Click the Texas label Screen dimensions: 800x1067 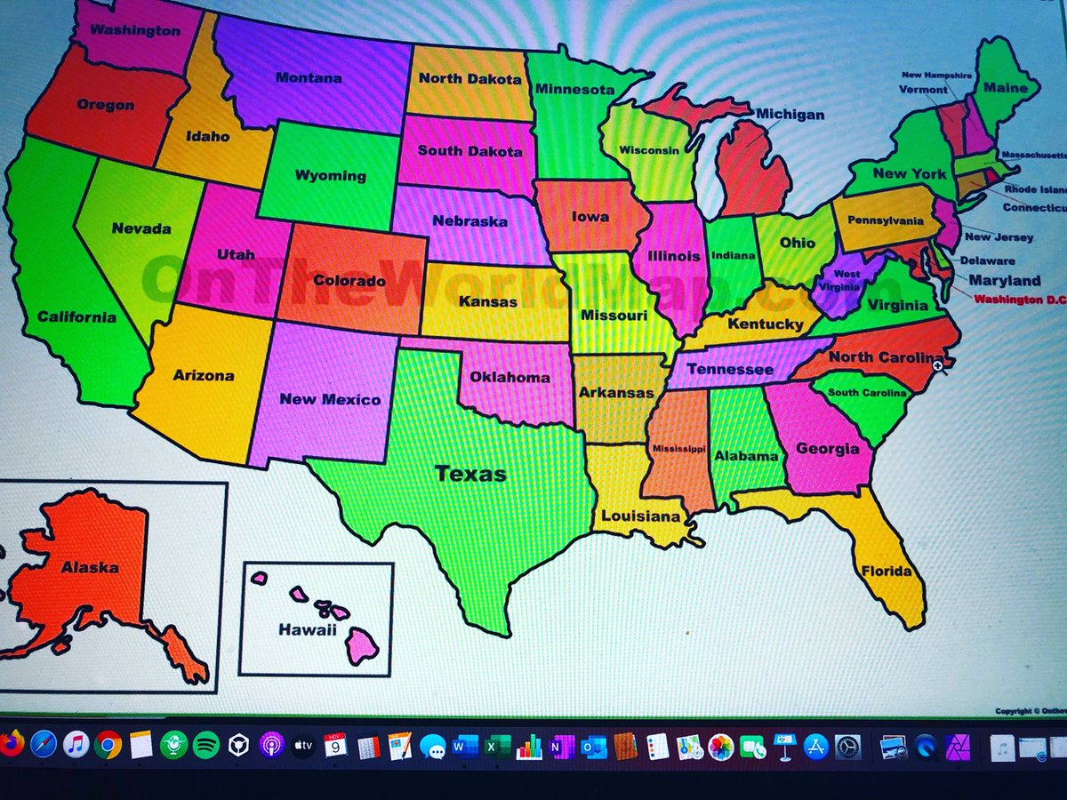[x=470, y=474]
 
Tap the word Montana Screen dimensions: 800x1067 [x=309, y=78]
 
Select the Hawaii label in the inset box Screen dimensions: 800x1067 [x=308, y=629]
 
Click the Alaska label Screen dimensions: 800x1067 [x=90, y=567]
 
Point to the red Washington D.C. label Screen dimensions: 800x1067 [x=1020, y=300]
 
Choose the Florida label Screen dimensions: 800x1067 [x=886, y=571]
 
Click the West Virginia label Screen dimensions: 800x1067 [x=846, y=280]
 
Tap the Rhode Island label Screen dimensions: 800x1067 [x=1035, y=189]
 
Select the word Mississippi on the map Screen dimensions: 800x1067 [x=678, y=449]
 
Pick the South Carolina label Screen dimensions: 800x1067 [x=867, y=393]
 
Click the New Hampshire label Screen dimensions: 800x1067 [x=936, y=76]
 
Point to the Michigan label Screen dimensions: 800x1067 [x=790, y=115]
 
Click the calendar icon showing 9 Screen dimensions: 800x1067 [x=335, y=745]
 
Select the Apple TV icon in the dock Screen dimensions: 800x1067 [x=303, y=744]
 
